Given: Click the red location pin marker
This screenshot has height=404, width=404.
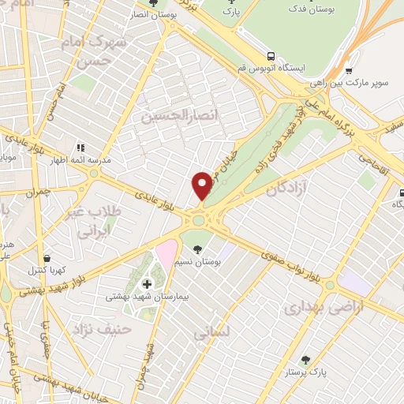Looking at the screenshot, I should coord(203,185).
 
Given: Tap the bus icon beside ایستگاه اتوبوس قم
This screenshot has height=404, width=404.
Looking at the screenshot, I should coord(271,57).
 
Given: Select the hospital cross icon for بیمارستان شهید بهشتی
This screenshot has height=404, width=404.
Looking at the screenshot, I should coord(147,284).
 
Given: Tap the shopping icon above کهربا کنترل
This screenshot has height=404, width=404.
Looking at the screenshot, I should coord(47,258).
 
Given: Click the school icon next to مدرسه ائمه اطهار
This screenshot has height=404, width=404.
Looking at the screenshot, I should coord(80,148).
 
